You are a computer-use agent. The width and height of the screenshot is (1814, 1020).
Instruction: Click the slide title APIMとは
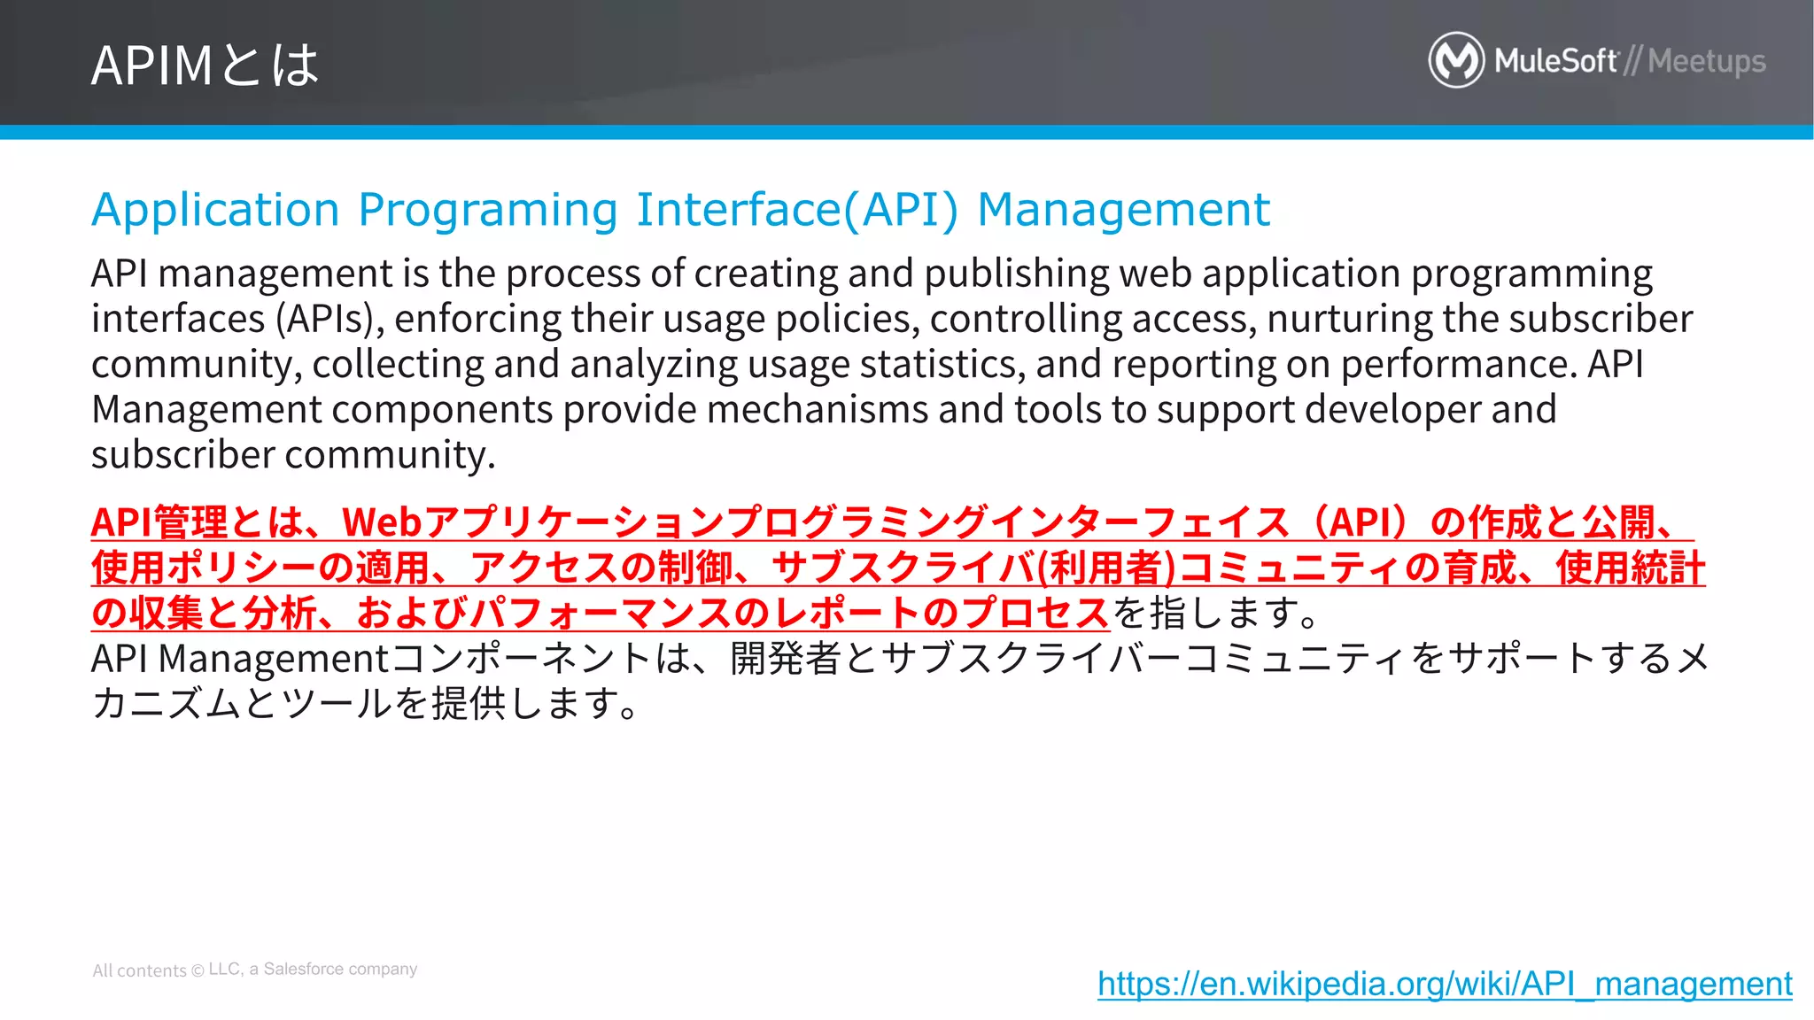click(205, 65)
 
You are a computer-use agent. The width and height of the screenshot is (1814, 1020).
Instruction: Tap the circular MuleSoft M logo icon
click(1455, 60)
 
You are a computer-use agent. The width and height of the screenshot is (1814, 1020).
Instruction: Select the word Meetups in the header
click(1707, 61)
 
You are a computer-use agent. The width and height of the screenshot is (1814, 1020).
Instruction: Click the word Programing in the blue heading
click(487, 211)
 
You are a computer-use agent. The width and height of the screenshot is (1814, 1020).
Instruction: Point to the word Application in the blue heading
click(215, 211)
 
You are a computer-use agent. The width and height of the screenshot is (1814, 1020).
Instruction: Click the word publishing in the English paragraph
click(1016, 274)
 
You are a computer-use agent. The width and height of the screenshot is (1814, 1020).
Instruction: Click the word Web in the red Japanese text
click(381, 522)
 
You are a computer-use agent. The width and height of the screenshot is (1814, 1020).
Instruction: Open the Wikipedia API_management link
click(1445, 984)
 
